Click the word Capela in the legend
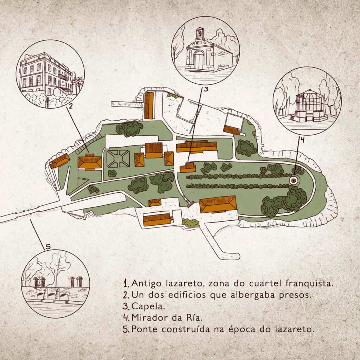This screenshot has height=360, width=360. tap(148, 307)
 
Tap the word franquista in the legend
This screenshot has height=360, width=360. tap(309, 283)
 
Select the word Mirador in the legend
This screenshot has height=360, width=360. tap(150, 317)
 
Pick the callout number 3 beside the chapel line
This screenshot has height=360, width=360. tap(206, 89)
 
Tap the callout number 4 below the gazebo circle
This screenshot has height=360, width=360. tap(303, 139)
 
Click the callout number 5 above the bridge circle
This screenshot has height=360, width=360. tap(48, 247)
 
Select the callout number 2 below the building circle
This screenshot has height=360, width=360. tap(71, 106)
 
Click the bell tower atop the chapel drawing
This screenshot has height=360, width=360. tap(200, 33)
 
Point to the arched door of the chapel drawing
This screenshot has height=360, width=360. tap(199, 60)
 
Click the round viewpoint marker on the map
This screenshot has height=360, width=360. tap(294, 181)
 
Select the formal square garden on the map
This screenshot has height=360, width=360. tap(118, 159)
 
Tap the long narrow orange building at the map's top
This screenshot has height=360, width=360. tap(149, 105)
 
